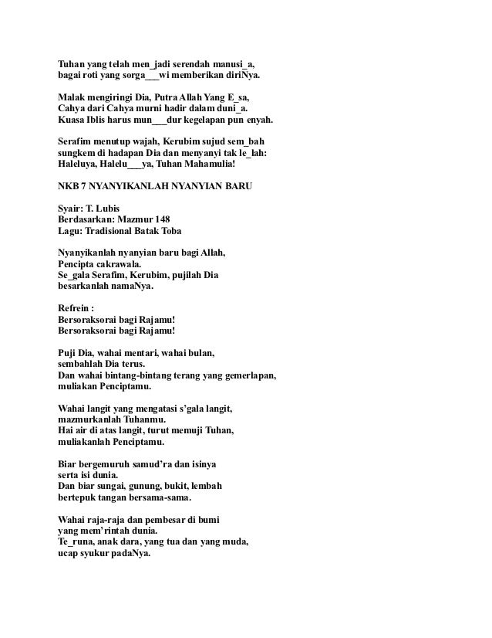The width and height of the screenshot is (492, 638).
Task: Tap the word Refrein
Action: point(77,307)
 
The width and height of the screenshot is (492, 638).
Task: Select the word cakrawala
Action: point(119,263)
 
